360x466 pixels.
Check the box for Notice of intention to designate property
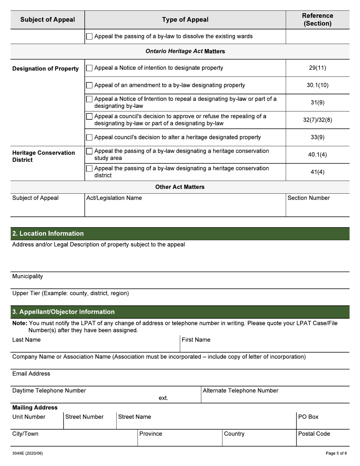(89, 68)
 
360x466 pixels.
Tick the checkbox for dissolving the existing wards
(89, 37)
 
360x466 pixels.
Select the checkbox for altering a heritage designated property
(89, 138)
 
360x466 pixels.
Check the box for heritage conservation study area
(89, 151)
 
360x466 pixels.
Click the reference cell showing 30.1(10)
(317, 85)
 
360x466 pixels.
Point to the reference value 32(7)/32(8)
(317, 120)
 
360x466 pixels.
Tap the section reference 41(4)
(317, 172)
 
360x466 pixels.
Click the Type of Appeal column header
(185, 20)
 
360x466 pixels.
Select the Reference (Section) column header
(317, 20)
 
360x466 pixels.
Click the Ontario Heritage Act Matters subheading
(185, 51)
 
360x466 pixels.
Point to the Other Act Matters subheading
(180, 187)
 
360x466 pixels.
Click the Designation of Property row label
(45, 69)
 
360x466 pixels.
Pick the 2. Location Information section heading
(48, 233)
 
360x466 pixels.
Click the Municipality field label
(27, 276)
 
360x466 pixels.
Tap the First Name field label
(196, 340)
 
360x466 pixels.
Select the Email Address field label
(31, 374)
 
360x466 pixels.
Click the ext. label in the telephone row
(163, 398)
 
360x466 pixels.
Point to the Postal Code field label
(314, 434)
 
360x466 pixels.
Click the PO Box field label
(308, 417)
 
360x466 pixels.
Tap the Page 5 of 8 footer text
(336, 453)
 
